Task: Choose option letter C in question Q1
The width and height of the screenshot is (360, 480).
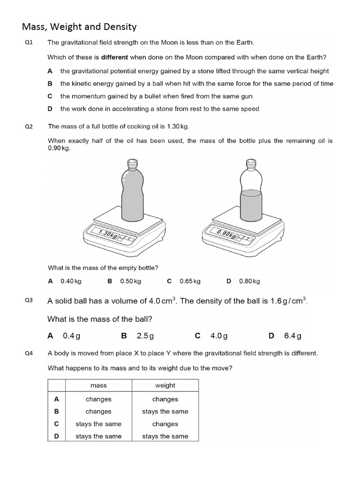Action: pyautogui.click(x=50, y=96)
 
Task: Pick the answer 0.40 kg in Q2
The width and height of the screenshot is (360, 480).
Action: pyautogui.click(x=71, y=281)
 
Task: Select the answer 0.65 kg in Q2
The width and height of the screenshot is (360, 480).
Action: pyautogui.click(x=190, y=281)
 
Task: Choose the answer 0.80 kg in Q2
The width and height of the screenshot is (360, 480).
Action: pyautogui.click(x=249, y=281)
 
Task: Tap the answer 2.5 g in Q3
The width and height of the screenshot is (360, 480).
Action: pyautogui.click(x=145, y=336)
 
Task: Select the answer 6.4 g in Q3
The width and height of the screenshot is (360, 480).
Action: pyautogui.click(x=292, y=336)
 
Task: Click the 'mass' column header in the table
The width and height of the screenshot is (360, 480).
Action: pyautogui.click(x=98, y=385)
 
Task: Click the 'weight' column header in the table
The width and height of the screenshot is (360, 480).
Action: pyautogui.click(x=165, y=385)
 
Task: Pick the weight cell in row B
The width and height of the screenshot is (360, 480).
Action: pyautogui.click(x=165, y=412)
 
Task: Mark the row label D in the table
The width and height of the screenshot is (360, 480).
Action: pyautogui.click(x=56, y=436)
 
